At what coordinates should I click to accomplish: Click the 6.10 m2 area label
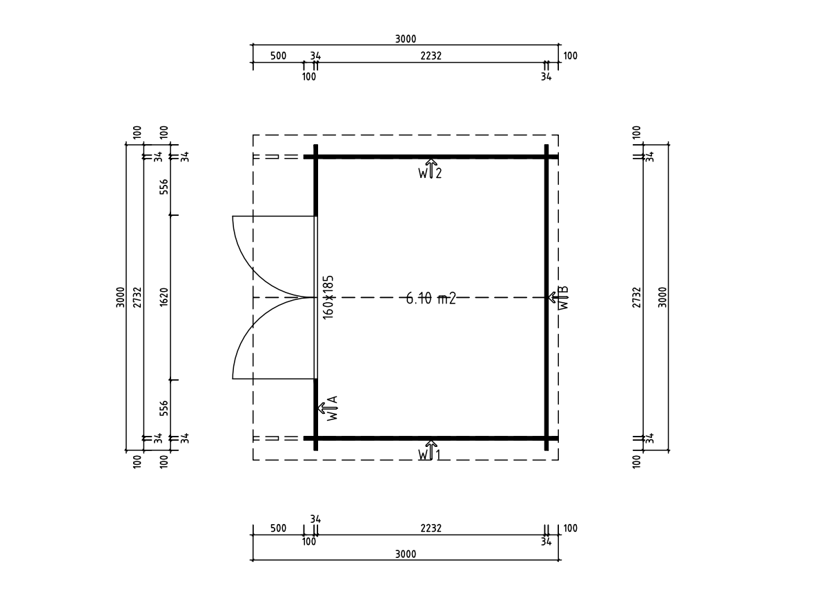pos(431,298)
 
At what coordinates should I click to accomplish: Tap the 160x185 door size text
pos(328,297)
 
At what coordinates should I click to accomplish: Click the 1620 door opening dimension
pos(164,297)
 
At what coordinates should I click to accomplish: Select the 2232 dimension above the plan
pos(431,56)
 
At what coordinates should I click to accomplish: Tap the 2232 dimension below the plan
pos(431,528)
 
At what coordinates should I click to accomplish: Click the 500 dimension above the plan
pos(278,56)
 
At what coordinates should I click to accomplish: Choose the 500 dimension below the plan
pos(278,528)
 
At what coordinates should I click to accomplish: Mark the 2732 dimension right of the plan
pos(637,297)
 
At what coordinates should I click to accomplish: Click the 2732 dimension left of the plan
pos(137,297)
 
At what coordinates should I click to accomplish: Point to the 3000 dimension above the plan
pos(406,39)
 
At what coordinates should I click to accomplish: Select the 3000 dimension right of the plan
pos(662,297)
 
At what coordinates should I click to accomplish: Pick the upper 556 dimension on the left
pos(164,186)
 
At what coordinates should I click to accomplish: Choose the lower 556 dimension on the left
pos(164,408)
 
